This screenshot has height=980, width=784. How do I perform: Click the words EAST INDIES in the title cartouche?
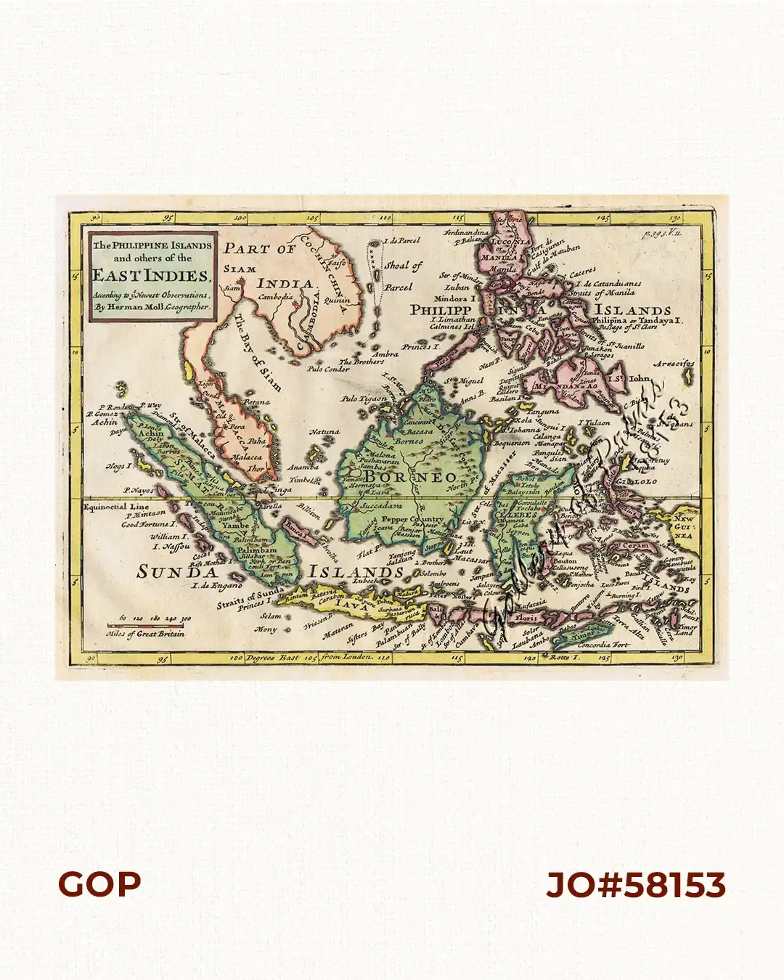(151, 275)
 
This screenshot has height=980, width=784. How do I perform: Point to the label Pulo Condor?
(328, 369)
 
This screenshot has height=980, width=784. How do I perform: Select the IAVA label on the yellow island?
(351, 604)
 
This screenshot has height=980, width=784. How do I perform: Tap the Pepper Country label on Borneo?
(412, 520)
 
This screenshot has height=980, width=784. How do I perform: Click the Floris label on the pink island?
(524, 618)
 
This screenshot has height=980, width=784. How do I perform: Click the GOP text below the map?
(99, 884)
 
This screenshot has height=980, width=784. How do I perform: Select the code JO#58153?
(636, 885)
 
